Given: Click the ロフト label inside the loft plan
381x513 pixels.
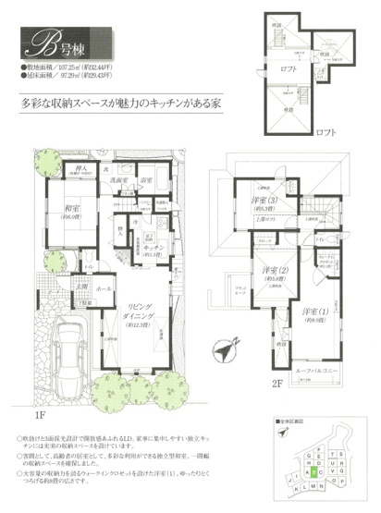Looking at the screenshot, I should click(289, 67).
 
